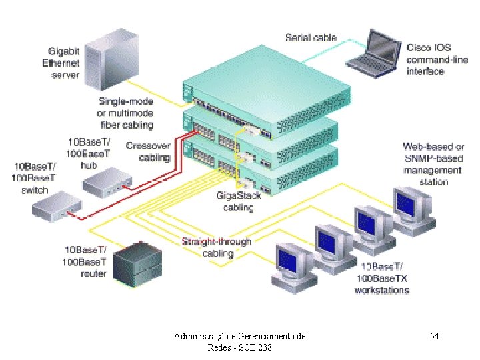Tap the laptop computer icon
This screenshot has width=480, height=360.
click(x=373, y=54)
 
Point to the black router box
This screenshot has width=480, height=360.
click(x=137, y=261)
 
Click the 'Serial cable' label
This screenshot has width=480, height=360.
click(x=311, y=38)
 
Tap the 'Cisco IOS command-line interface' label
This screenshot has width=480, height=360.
click(x=429, y=59)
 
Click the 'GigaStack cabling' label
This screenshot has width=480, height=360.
click(x=239, y=201)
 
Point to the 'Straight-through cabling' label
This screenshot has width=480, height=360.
click(x=217, y=247)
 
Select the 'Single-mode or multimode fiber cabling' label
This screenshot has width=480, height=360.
click(x=126, y=113)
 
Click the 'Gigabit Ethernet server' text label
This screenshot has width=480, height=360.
click(x=63, y=63)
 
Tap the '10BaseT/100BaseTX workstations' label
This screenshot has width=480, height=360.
click(x=382, y=278)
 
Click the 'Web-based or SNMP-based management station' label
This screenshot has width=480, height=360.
click(x=434, y=164)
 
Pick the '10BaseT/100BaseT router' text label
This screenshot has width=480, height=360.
click(x=85, y=261)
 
